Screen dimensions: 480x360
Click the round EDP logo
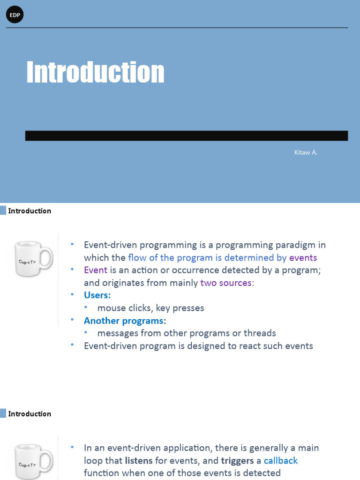click(15, 15)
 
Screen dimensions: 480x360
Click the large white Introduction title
click(95, 73)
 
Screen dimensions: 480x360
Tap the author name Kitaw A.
click(306, 152)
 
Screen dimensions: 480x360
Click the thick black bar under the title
click(187, 136)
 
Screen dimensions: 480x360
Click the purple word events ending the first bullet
click(303, 257)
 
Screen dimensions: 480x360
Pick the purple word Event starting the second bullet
click(96, 270)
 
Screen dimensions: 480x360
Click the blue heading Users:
click(97, 295)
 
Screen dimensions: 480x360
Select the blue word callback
click(281, 460)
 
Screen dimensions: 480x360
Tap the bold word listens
click(139, 460)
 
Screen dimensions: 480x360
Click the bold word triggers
click(237, 460)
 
